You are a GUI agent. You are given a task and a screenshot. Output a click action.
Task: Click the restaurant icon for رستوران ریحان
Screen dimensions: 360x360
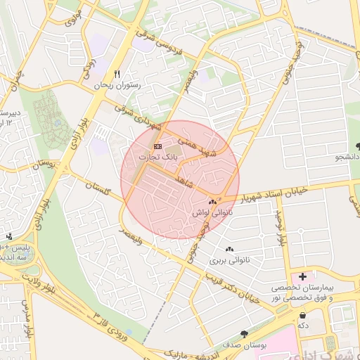(117, 74)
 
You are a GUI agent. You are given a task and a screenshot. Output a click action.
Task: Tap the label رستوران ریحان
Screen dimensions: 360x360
(117, 84)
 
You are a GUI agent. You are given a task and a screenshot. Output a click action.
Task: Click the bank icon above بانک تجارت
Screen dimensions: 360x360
(157, 146)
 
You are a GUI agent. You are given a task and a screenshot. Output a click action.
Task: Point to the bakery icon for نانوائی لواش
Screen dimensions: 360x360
(212, 201)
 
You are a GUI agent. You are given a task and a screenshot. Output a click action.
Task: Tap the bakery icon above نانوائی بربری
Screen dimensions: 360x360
(229, 250)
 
